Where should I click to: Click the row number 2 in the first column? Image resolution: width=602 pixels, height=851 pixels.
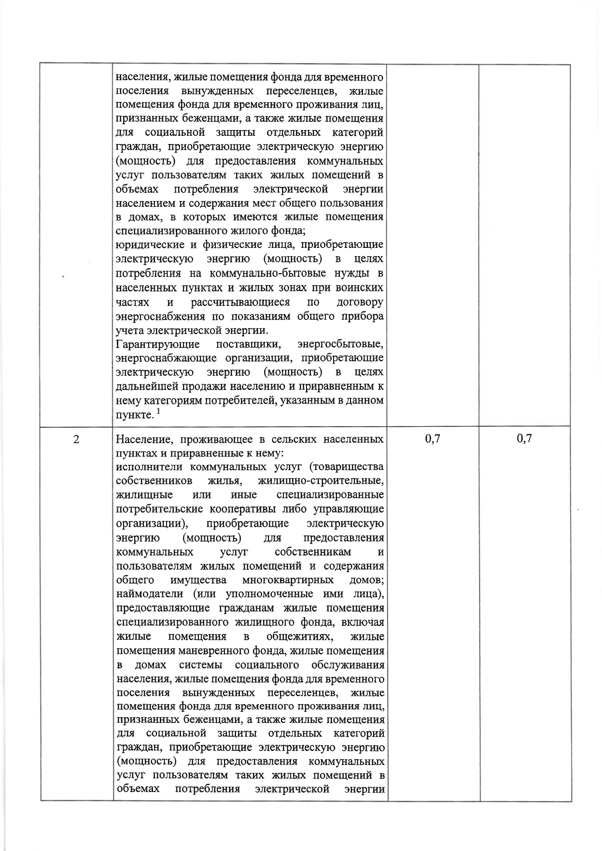[x=76, y=439]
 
